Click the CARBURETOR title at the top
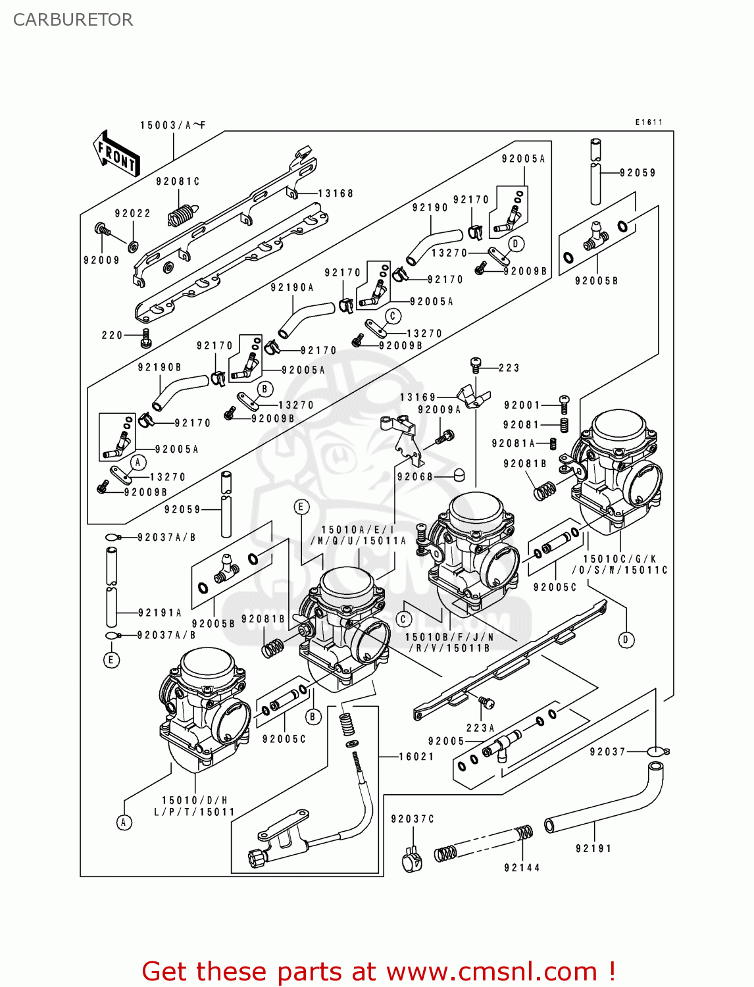(x=72, y=20)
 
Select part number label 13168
(x=336, y=193)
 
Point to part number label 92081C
(x=178, y=182)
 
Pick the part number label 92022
(x=132, y=213)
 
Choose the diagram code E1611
(x=649, y=122)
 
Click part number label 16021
(x=417, y=757)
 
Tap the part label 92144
(x=522, y=868)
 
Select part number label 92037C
(x=413, y=819)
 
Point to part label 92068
(x=415, y=476)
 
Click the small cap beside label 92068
(x=460, y=474)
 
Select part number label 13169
(x=418, y=397)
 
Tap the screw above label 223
(x=476, y=363)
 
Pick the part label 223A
(x=480, y=728)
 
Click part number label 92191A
(x=160, y=613)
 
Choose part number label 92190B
(x=159, y=367)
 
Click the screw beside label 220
(x=146, y=339)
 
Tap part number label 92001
(x=522, y=405)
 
